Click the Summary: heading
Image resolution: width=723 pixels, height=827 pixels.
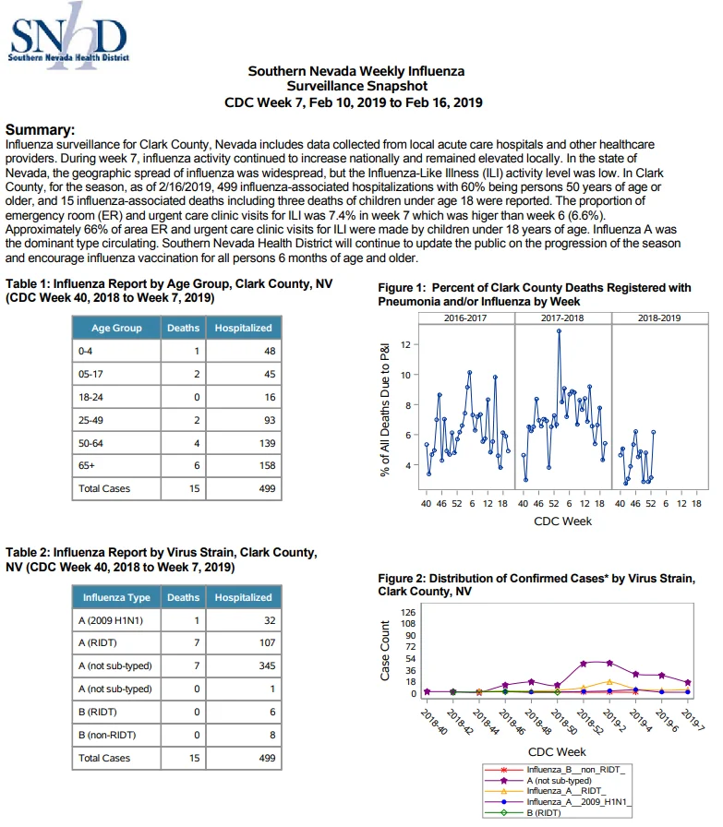(x=40, y=130)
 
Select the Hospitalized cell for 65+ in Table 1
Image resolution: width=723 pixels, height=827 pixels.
(x=243, y=466)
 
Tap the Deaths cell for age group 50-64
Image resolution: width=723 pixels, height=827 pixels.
(x=183, y=443)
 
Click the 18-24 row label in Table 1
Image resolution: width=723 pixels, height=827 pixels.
(x=90, y=397)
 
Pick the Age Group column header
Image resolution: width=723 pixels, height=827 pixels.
(x=116, y=328)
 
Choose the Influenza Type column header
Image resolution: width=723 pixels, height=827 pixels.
(x=116, y=597)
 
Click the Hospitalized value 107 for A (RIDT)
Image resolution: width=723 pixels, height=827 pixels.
(x=267, y=642)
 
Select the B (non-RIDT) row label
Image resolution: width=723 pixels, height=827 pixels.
(x=107, y=735)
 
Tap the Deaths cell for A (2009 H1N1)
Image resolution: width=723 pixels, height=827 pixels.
(x=183, y=620)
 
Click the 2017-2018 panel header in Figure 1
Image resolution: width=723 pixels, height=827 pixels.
(x=562, y=318)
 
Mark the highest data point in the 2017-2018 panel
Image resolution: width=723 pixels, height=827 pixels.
(x=559, y=331)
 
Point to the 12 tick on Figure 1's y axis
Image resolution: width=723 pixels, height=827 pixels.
(x=405, y=344)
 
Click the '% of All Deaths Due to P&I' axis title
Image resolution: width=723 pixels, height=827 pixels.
(x=385, y=409)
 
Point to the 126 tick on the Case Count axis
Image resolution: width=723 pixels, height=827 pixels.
(x=408, y=612)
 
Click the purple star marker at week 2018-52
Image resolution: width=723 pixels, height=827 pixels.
(x=584, y=664)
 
